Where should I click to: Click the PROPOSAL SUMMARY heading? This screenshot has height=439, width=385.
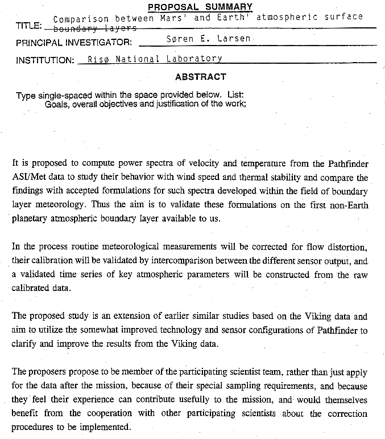[x=200, y=7]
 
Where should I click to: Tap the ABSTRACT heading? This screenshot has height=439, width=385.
[x=200, y=77]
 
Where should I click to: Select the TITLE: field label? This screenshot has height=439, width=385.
[x=28, y=26]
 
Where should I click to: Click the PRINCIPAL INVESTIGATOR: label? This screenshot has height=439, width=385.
[x=74, y=43]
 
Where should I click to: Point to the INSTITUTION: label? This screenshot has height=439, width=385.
[x=45, y=60]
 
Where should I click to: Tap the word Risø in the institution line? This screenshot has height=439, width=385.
[x=98, y=59]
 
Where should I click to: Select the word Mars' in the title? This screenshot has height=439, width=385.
[x=173, y=18]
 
